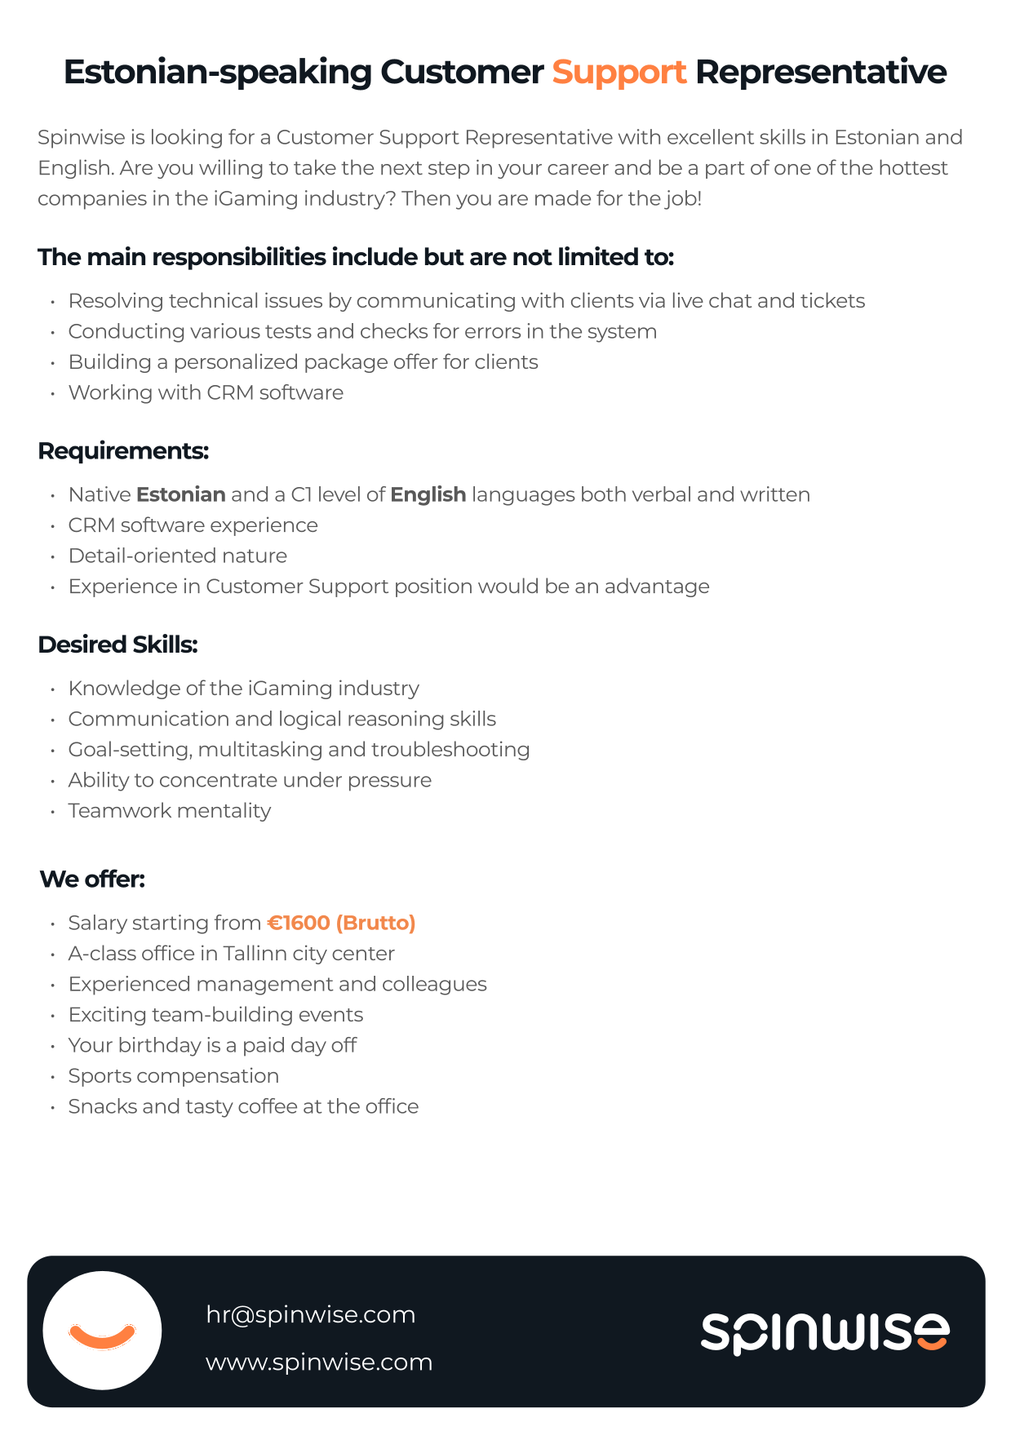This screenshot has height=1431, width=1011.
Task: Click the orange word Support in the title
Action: coord(619,73)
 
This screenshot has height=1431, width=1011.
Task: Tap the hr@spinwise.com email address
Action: coord(310,1314)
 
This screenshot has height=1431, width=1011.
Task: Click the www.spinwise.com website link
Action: coord(318,1362)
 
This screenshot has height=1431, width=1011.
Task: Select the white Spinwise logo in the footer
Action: coord(824,1332)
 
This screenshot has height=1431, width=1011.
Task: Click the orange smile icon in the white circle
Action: coord(102,1336)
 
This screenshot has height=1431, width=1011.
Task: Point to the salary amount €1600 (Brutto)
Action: coord(341,923)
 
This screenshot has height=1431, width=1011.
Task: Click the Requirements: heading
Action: coord(123,451)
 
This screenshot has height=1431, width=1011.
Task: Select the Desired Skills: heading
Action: coord(118,645)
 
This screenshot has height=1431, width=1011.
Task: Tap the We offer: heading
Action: coord(92,879)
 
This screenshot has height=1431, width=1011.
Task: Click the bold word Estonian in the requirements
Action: coord(180,494)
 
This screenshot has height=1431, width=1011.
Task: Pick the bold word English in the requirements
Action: coord(428,494)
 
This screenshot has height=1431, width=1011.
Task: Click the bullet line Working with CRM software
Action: coord(206,392)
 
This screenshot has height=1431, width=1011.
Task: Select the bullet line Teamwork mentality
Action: coord(169,811)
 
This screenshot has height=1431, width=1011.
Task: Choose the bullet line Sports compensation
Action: coord(173,1076)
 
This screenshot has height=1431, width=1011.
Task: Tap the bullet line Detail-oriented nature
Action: coord(177,556)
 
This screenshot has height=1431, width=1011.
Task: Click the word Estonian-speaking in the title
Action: coord(217,73)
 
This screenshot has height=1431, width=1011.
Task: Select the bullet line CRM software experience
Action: coord(193,525)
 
